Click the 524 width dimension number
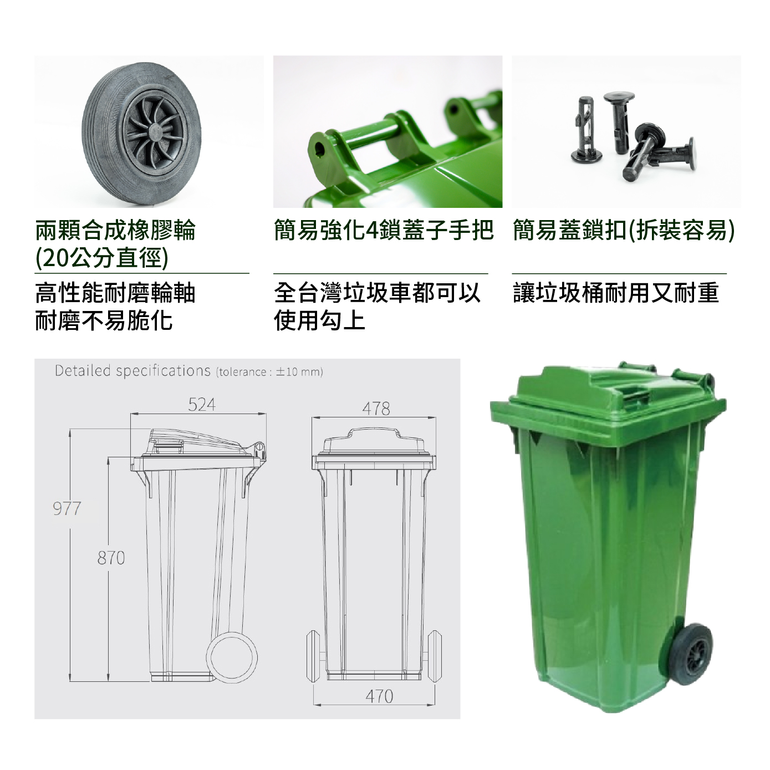[202, 405]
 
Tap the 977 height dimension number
[67, 509]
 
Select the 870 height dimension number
[111, 558]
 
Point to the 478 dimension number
[376, 409]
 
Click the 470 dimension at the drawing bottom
[379, 696]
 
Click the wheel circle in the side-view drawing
[232, 657]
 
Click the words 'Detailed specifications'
[132, 371]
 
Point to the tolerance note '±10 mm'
[298, 372]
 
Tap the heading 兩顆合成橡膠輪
[115, 230]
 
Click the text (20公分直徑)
[102, 258]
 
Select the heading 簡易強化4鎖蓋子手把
[384, 230]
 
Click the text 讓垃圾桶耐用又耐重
[616, 293]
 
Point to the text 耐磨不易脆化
[104, 320]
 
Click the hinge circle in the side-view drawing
[259, 446]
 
